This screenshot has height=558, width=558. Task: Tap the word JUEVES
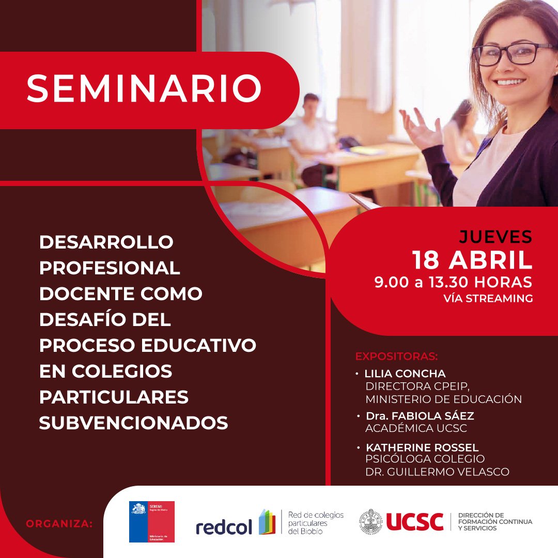(x=495, y=237)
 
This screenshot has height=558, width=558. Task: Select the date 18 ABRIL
(x=472, y=260)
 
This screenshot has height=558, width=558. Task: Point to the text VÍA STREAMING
(x=488, y=298)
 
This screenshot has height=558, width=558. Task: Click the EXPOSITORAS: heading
(x=396, y=357)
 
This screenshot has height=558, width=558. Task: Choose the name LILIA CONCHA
(x=405, y=373)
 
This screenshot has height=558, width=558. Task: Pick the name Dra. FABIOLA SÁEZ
(x=420, y=415)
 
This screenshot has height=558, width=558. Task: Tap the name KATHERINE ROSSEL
(x=422, y=447)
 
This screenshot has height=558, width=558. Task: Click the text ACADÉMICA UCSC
(x=416, y=428)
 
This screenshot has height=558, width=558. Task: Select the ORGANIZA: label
(x=59, y=523)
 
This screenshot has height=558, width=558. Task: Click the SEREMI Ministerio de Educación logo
(x=151, y=521)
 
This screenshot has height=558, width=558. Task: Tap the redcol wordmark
(x=224, y=526)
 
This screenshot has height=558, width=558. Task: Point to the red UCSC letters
(x=414, y=522)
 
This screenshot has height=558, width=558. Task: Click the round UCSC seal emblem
(x=371, y=522)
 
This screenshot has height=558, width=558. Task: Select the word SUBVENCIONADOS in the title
(x=133, y=423)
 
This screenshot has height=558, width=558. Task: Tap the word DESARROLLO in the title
(x=106, y=241)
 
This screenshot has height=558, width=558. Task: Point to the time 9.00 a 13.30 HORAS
(x=453, y=282)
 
